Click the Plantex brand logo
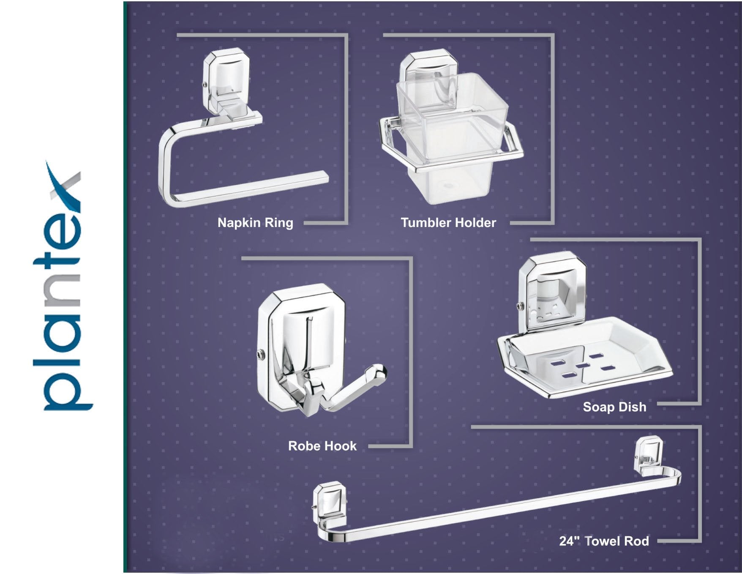tap(63, 286)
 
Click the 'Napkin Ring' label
tap(255, 223)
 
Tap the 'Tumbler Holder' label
tap(448, 223)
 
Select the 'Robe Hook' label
tap(322, 446)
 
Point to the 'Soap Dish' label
tap(614, 407)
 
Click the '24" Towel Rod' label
tap(604, 541)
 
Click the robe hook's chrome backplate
tap(301, 347)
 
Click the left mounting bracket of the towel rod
tap(329, 503)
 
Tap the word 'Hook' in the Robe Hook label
tap(339, 446)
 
